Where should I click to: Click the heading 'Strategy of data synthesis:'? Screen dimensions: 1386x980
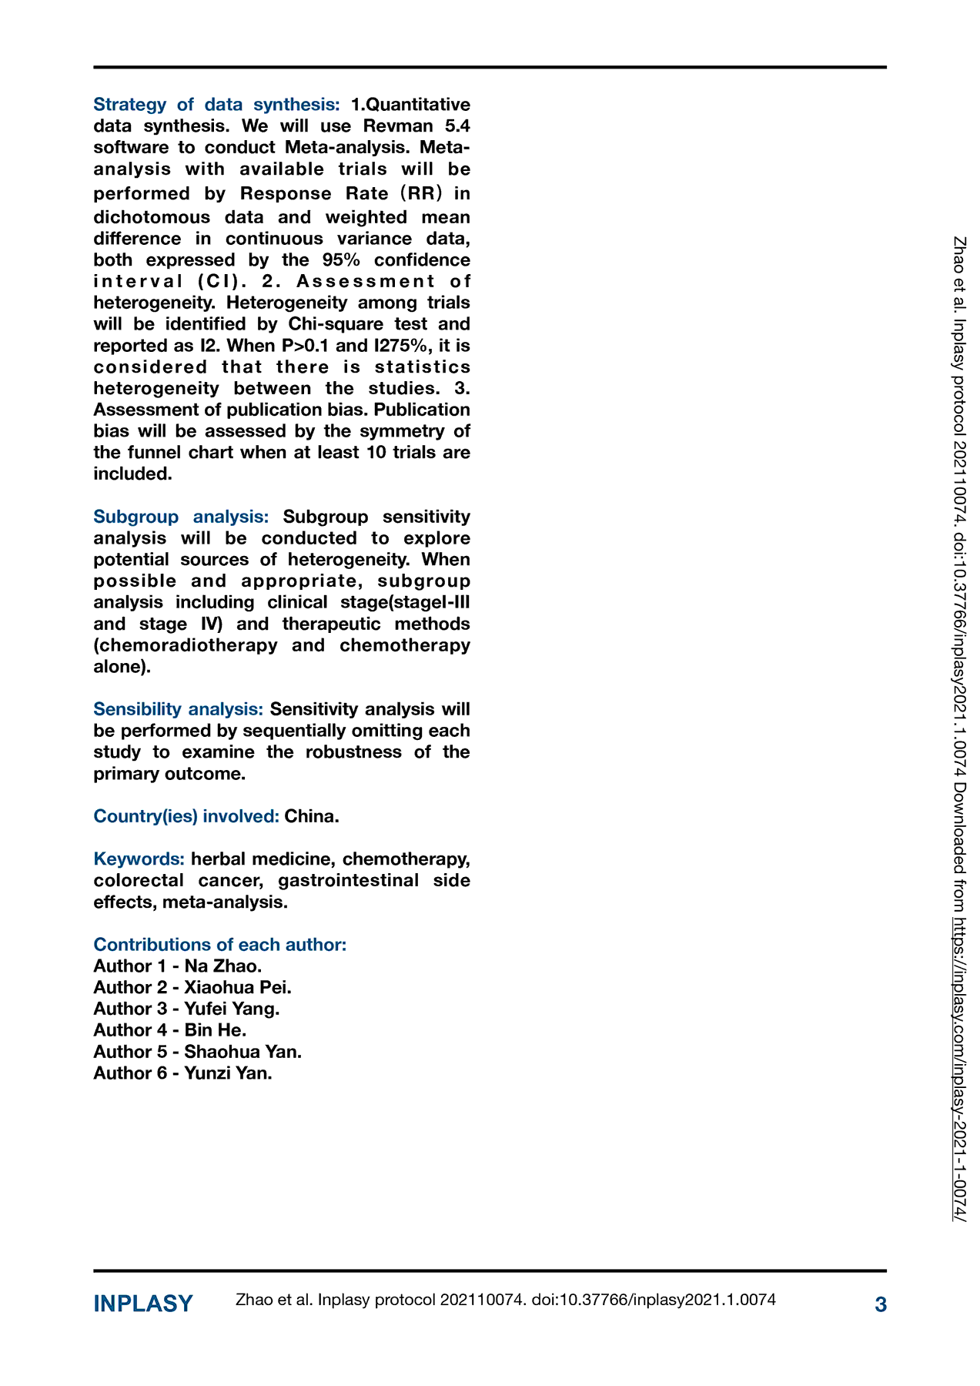[x=216, y=104]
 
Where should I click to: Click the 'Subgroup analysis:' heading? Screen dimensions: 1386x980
[x=181, y=517]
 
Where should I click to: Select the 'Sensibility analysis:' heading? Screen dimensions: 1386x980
[x=178, y=709]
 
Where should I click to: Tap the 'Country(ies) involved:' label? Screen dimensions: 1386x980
[x=186, y=816]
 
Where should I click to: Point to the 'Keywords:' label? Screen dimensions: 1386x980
[x=139, y=859]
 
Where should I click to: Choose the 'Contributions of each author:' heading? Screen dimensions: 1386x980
[x=220, y=945]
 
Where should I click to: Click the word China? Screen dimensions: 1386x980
[x=311, y=816]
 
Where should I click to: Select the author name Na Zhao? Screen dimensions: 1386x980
[x=223, y=966]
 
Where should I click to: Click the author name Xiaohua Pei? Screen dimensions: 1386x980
[x=238, y=988]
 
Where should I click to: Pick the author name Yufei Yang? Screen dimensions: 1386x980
[x=232, y=1009]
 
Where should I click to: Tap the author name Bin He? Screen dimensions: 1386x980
[x=216, y=1030]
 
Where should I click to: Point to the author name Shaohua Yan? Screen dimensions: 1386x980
[x=242, y=1052]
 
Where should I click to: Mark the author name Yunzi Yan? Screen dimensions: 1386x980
[x=228, y=1073]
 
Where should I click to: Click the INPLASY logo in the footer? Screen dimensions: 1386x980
[x=143, y=1304]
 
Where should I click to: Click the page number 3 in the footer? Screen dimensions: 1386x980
[x=881, y=1304]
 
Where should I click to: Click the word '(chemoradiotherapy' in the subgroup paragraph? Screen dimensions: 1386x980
[x=186, y=645]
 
